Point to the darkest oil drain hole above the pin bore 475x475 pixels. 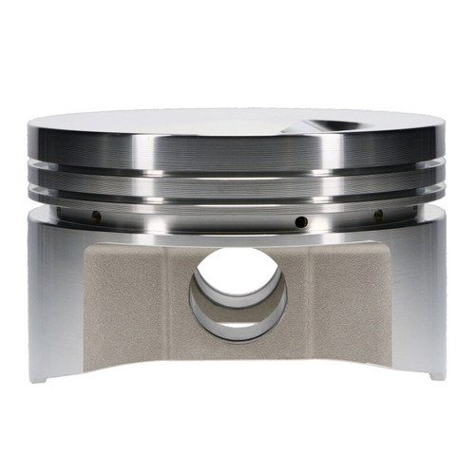tap(300, 221)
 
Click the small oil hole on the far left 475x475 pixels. tap(96, 216)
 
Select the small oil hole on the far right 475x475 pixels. tap(378, 215)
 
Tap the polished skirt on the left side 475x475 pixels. tap(52, 294)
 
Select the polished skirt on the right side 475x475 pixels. tap(423, 294)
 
